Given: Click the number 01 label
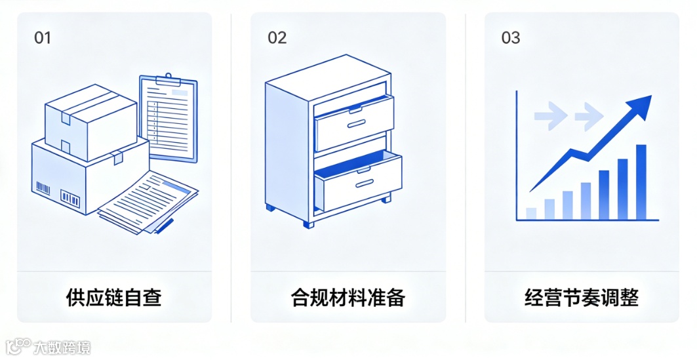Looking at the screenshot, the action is pos(43,37).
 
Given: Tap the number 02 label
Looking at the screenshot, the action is pos(277,37).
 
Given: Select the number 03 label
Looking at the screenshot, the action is pos(511,37).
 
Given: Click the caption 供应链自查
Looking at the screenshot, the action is pos(114,298).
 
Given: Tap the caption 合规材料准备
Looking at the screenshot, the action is pos(348,298).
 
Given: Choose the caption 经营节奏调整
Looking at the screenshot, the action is pos(582,298).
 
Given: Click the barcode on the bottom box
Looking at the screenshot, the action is pos(70,197).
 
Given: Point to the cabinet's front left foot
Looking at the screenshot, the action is pos(270,208).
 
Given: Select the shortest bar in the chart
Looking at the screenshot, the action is pos(531,212).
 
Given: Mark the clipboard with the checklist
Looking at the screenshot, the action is pos(169,118).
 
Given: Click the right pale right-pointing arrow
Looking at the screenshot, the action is pos(588,117).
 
